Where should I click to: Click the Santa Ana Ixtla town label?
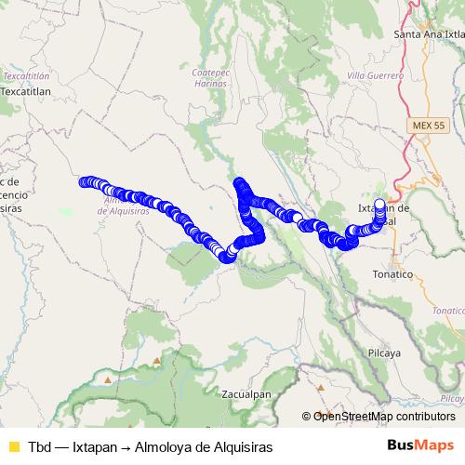(429, 34)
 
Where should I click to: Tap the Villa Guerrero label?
(375, 73)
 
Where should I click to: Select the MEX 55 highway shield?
(424, 124)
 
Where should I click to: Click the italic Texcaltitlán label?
(25, 74)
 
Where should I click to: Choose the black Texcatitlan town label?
(30, 92)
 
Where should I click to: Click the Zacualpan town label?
(246, 393)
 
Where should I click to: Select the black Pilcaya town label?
(384, 328)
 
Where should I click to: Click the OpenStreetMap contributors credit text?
(384, 417)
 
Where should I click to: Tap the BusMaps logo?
(420, 445)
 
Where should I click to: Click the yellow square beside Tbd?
(12, 446)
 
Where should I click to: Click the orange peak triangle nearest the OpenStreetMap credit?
(322, 415)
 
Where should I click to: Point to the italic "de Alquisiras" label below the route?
(123, 211)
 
